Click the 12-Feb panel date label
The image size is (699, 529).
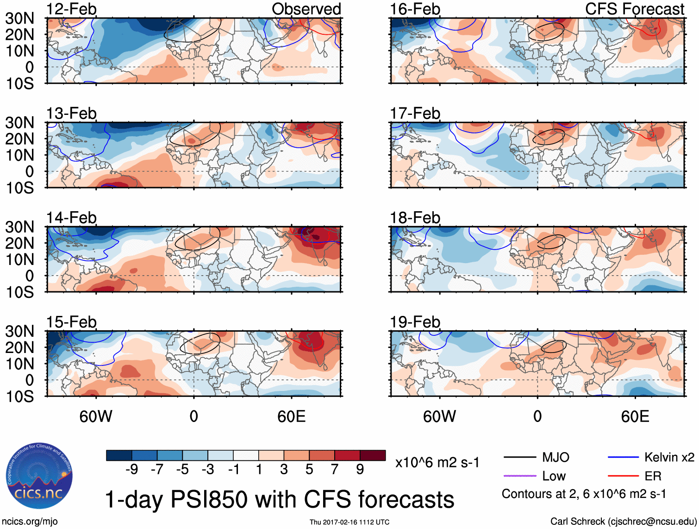71,9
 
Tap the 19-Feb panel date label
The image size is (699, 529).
415,322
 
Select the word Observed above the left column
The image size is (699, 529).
306,9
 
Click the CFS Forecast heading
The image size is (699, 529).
634,9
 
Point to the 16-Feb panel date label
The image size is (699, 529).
415,9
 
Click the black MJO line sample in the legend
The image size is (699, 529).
519,458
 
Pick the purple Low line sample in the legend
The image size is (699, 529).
519,476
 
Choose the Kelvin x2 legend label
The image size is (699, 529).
669,458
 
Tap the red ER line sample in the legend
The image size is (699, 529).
623,476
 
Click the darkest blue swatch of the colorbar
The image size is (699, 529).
119,455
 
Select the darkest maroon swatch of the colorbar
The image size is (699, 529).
373,455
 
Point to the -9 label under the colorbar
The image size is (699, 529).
131,470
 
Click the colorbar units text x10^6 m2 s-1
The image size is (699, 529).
437,463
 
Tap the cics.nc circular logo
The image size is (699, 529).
39,477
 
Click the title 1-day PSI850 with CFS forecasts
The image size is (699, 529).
280,499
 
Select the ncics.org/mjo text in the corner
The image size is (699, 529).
30,522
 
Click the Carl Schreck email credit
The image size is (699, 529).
623,522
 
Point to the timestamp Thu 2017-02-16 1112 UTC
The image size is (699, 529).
349,522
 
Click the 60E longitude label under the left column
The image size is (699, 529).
291,416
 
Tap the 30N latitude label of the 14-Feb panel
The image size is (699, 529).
19,227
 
